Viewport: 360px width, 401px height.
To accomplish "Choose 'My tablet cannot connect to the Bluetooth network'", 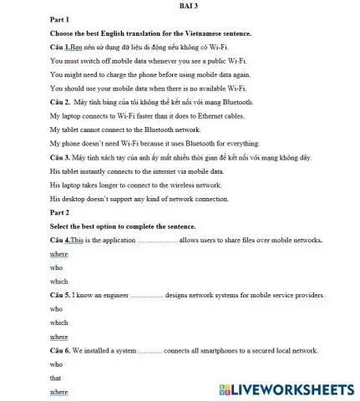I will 125,129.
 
